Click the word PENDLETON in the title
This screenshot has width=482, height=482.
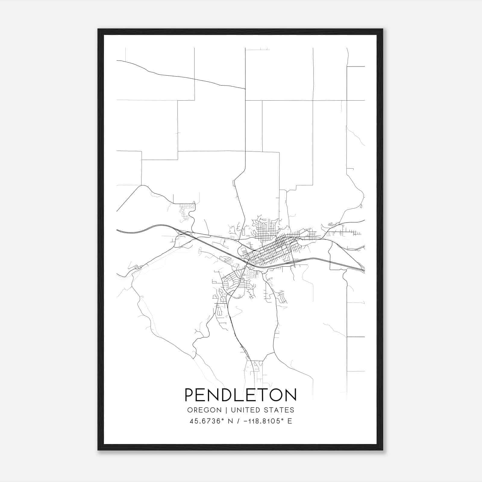coord(240,395)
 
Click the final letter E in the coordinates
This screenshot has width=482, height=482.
coord(290,421)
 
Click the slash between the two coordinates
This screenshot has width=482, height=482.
coord(238,421)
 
